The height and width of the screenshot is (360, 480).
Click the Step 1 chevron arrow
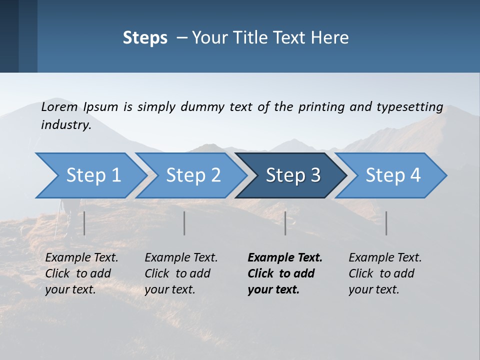tap(90, 175)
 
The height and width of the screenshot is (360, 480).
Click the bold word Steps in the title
tap(145, 37)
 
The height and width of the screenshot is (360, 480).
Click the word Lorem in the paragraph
tap(59, 107)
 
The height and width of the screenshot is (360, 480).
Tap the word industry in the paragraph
tap(66, 125)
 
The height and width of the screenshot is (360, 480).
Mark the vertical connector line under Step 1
tap(84, 223)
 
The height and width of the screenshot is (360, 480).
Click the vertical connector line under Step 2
tap(184, 223)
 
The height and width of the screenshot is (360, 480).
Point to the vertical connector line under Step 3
tap(285, 223)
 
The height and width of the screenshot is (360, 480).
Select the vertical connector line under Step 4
tap(386, 223)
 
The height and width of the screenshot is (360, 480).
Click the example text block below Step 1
tap(81, 273)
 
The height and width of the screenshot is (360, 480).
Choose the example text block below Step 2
tap(181, 273)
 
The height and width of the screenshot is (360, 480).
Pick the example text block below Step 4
tap(385, 273)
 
